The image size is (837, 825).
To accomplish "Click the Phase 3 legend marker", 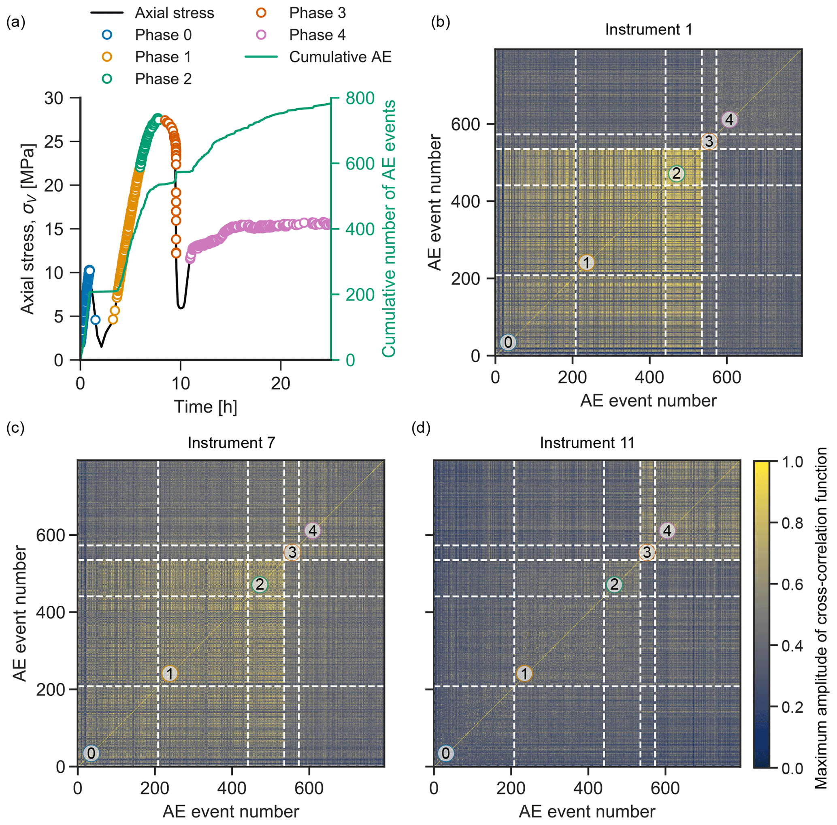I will coord(261,13).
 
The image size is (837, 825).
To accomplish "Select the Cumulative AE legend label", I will coord(340,57).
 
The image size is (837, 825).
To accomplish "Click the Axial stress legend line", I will coord(106,13).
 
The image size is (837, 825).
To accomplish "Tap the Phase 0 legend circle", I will coord(106,35).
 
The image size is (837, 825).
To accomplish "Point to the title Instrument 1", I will coord(648,30).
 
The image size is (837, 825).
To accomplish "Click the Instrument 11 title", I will coord(587,443).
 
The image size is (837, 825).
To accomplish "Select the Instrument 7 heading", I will coord(231,443).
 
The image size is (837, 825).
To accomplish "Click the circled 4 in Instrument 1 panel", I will coord(730,120).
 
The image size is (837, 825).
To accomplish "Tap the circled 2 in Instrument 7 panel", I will coord(260,585).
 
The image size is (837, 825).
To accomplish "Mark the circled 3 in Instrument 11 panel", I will coord(647,552).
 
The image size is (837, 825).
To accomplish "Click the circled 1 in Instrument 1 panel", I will coord(587,263).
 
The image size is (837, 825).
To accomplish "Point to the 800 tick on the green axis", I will coord(360,98).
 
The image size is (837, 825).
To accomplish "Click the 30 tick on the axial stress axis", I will coord(54,98).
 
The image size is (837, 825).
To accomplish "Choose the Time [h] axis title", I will coord(205,407).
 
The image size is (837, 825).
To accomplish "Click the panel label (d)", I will coord(420,428).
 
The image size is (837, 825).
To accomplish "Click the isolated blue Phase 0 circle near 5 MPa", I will coord(95,320).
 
